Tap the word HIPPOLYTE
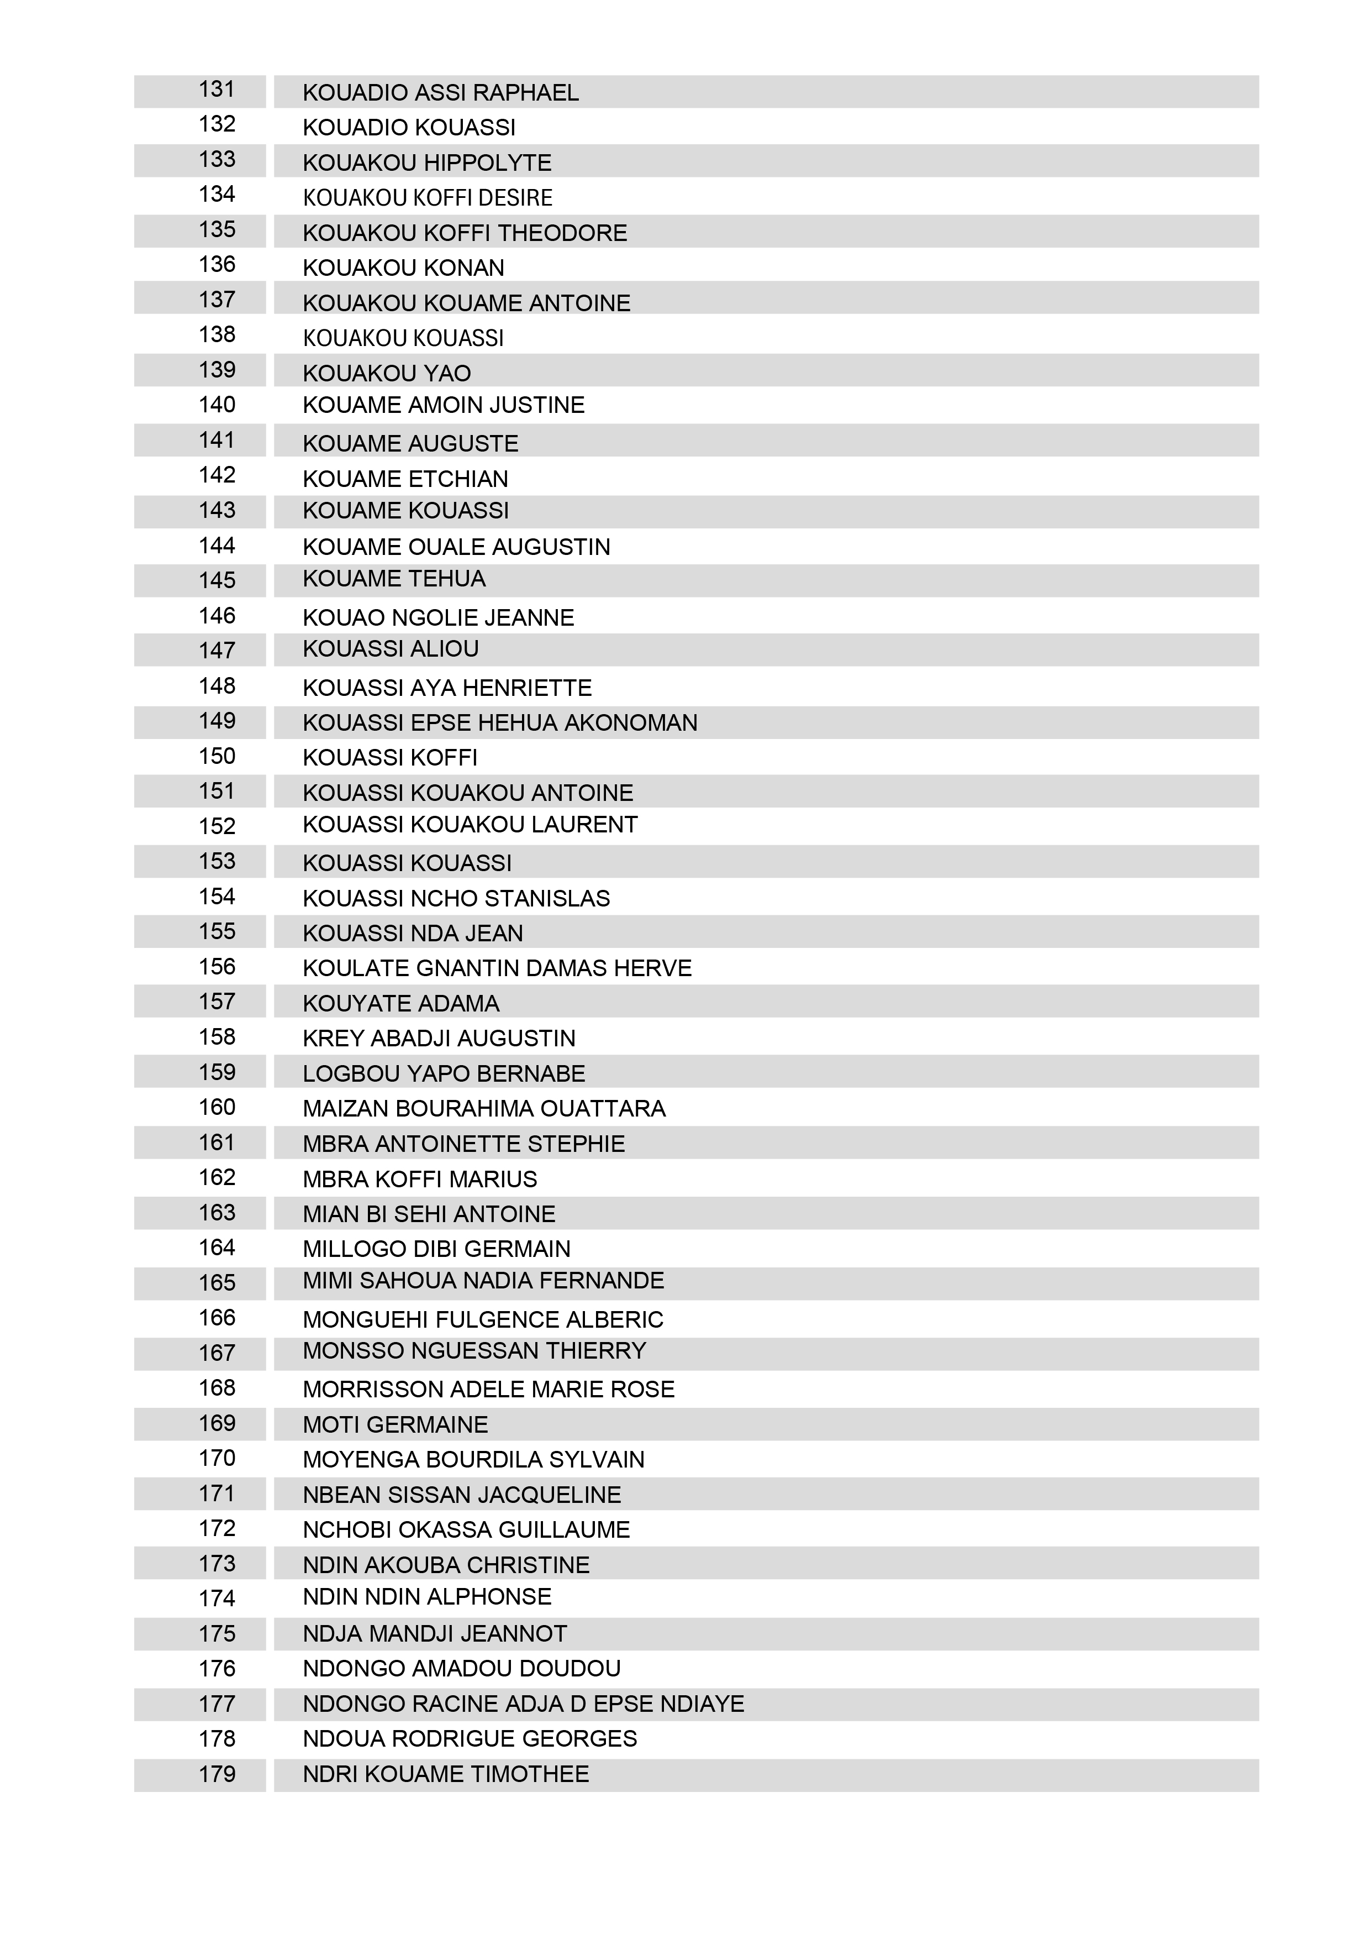(487, 163)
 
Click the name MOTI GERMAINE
(395, 1426)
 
